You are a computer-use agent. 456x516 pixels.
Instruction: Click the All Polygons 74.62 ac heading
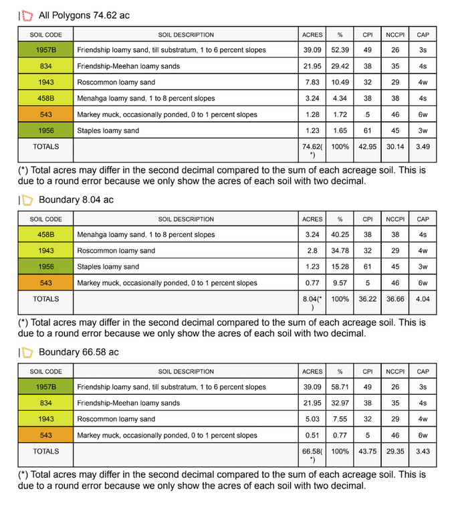click(x=84, y=15)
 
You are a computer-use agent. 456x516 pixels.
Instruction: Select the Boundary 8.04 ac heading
click(x=76, y=200)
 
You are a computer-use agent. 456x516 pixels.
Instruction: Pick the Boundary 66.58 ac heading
click(x=79, y=352)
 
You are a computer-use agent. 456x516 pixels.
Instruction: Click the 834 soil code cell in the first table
click(x=46, y=66)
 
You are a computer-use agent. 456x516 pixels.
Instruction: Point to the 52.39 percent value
click(x=340, y=50)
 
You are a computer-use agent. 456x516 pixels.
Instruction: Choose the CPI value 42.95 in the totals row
click(x=368, y=147)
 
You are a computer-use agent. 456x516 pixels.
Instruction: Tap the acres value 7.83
click(x=312, y=82)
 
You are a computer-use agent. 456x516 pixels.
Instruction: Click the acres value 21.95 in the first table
click(x=312, y=66)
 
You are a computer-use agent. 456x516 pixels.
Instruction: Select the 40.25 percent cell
click(x=340, y=235)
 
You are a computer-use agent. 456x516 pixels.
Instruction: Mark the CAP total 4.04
click(x=423, y=299)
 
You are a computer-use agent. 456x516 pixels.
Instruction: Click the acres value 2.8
click(x=312, y=251)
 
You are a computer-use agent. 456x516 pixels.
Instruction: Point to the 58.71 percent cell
click(x=340, y=387)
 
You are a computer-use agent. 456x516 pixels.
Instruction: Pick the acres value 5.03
click(x=312, y=419)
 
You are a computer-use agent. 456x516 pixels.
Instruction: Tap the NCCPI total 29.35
click(x=395, y=451)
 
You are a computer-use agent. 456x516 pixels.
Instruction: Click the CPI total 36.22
click(x=368, y=299)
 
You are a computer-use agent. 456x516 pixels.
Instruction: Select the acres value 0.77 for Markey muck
click(x=312, y=283)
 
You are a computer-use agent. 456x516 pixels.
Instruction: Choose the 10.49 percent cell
click(x=340, y=82)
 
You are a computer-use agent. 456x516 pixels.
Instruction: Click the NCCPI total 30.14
click(x=395, y=147)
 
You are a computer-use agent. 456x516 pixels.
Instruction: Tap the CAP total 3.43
click(x=423, y=451)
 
